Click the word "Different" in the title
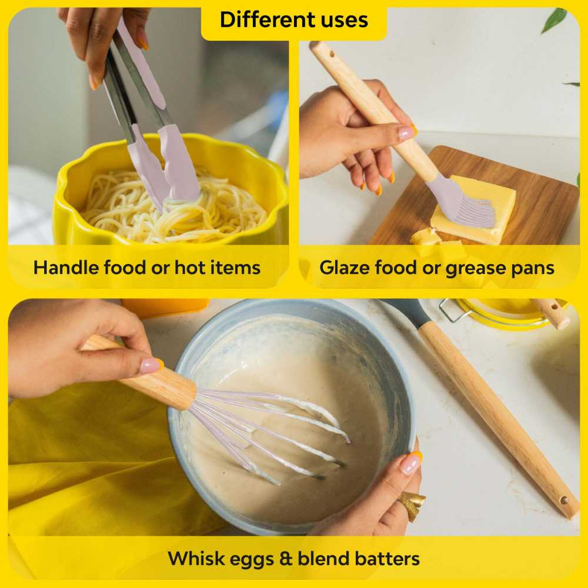tap(262, 19)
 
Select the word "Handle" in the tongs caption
tap(66, 268)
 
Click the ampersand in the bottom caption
tap(286, 559)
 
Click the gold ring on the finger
tap(412, 505)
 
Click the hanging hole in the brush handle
tap(332, 54)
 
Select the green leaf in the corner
tap(554, 19)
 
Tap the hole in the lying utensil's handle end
tap(564, 499)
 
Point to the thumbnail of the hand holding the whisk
tap(152, 366)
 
